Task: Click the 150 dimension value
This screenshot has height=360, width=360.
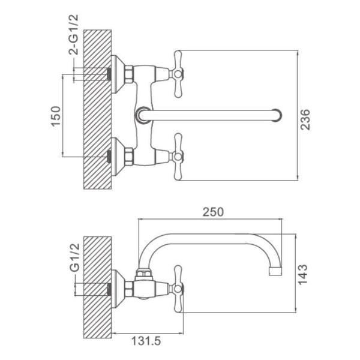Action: [x=56, y=116]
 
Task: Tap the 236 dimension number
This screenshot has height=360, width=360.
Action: [x=305, y=119]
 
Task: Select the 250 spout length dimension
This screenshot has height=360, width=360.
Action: [x=213, y=212]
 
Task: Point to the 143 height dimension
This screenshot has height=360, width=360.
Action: [x=302, y=275]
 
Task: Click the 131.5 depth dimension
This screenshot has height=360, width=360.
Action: [x=146, y=341]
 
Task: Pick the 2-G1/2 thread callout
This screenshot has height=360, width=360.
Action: [x=73, y=35]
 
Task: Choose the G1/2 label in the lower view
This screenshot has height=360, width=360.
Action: [x=74, y=257]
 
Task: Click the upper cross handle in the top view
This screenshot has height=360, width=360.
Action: [x=178, y=74]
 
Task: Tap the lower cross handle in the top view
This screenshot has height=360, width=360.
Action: [x=178, y=157]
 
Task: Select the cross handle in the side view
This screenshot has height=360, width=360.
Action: [x=178, y=289]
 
